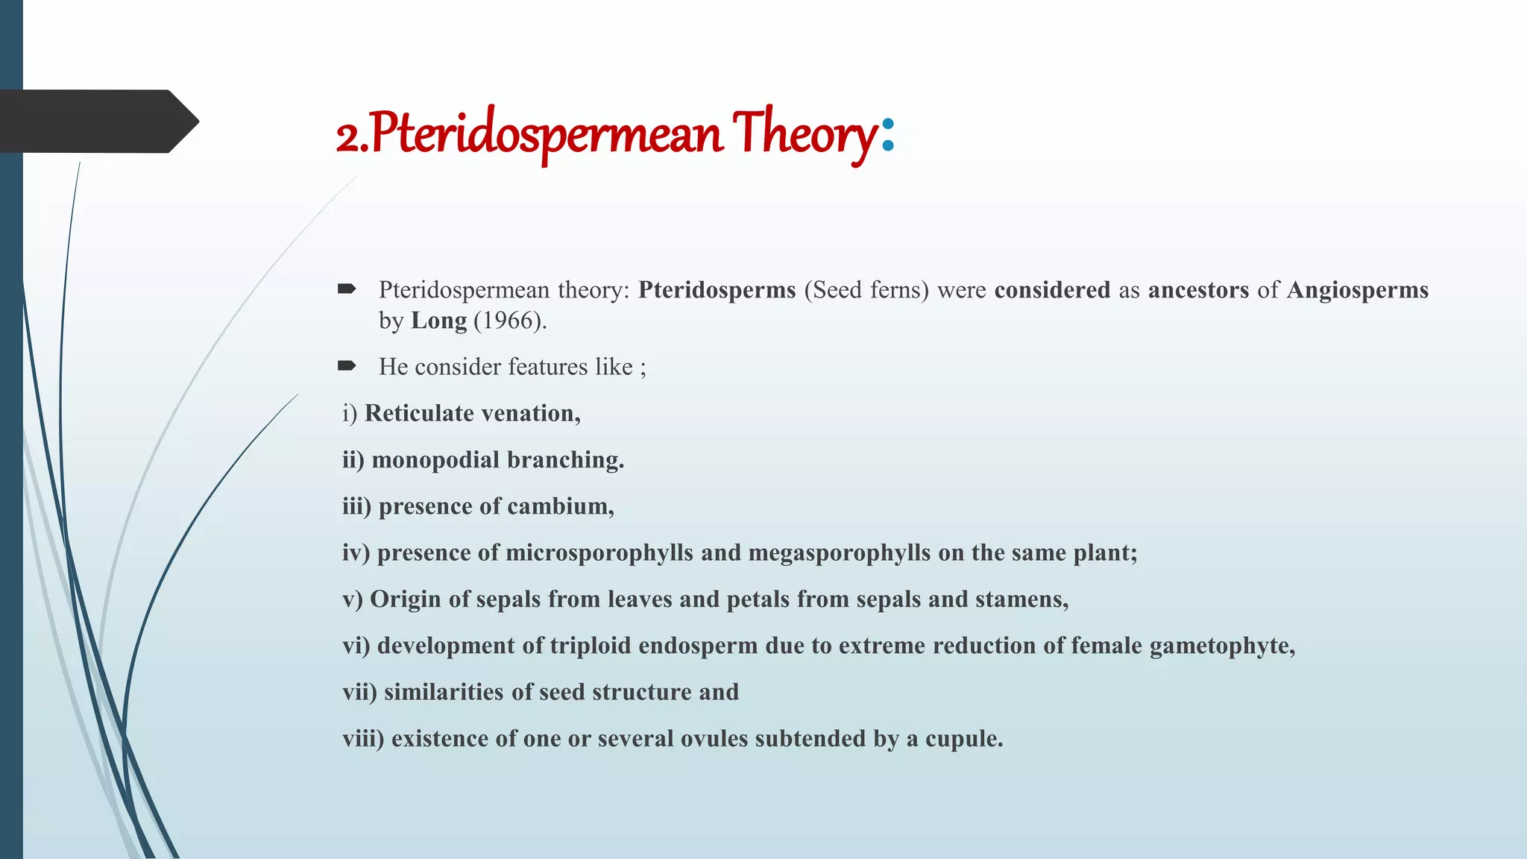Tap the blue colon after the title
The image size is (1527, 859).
887,134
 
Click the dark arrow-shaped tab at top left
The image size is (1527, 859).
97,121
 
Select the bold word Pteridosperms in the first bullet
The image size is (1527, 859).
717,289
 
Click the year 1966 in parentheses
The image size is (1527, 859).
506,321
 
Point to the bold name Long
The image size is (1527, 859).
438,321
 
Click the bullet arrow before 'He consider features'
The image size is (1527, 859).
347,365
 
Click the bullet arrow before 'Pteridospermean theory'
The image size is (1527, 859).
347,289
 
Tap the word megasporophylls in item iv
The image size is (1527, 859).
839,553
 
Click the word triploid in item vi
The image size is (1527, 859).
590,646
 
